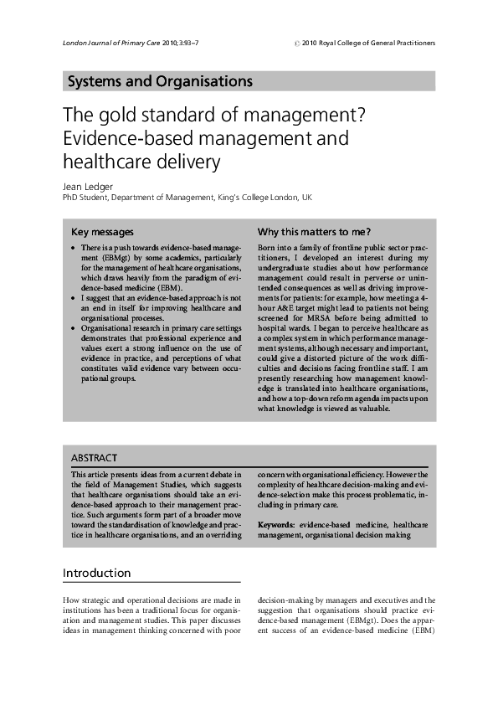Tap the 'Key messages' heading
click(x=102, y=231)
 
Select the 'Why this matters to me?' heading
click(x=314, y=231)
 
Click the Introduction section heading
click(x=97, y=573)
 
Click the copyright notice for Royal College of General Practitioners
click(x=365, y=43)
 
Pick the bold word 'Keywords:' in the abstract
click(x=275, y=524)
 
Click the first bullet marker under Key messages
click(x=74, y=250)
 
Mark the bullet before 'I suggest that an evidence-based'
click(x=74, y=298)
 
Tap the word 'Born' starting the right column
click(x=267, y=250)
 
